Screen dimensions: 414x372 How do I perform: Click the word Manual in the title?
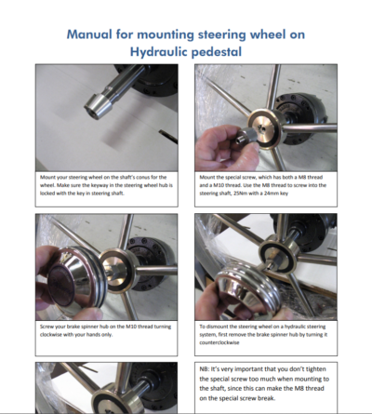tap(99, 34)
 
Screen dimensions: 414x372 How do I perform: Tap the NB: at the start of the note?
tap(207, 369)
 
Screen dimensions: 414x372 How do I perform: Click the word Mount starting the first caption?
tap(49, 174)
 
